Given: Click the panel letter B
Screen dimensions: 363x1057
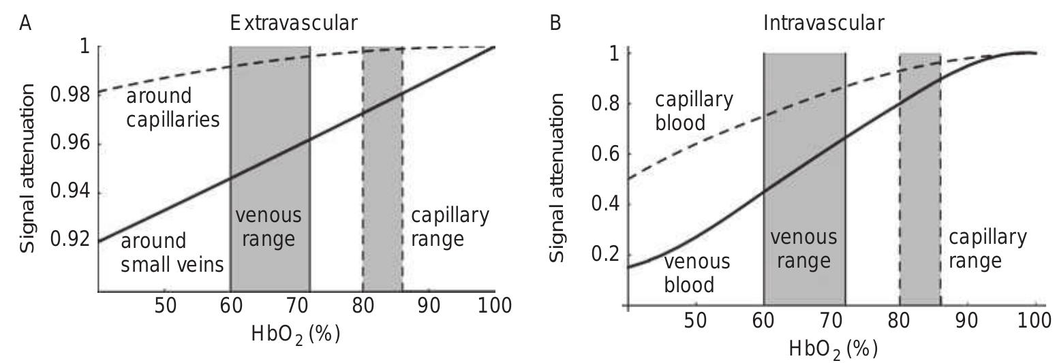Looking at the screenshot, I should (555, 22).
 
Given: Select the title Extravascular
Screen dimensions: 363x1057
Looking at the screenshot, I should (293, 22).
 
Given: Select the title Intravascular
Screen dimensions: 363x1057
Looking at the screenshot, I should (823, 22).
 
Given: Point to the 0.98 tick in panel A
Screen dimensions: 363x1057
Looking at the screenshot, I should (70, 94).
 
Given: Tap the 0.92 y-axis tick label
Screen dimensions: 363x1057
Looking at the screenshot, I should (70, 240).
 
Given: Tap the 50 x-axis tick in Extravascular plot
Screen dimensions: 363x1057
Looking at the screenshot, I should (166, 306).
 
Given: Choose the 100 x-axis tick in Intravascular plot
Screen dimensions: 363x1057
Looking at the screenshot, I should (1035, 320).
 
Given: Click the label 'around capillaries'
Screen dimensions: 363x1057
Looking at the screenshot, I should (172, 108).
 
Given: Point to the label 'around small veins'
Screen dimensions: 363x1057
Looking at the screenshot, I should (172, 253).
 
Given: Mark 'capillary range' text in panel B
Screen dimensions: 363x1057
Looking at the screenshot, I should (987, 249).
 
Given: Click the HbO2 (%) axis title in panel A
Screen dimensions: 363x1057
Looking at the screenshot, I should (295, 334).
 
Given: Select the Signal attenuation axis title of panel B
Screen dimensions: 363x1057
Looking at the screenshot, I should (557, 177).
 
